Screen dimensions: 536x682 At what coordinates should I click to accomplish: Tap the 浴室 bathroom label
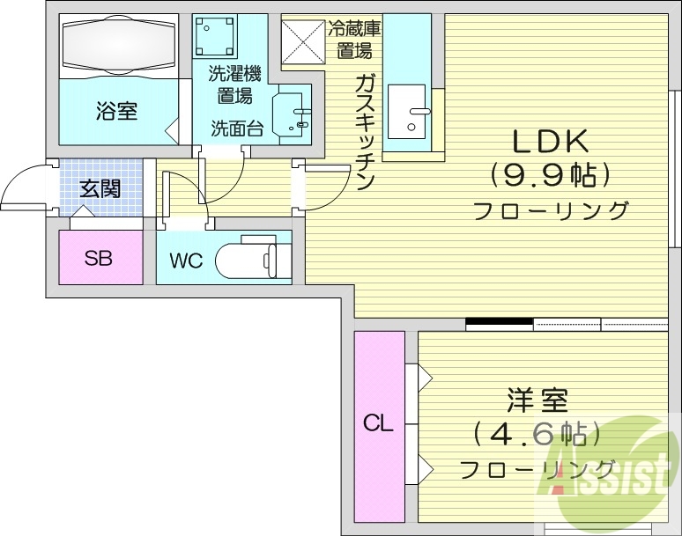(116, 112)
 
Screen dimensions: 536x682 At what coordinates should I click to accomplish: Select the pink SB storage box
(100, 258)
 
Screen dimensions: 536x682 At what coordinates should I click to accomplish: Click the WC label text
(186, 261)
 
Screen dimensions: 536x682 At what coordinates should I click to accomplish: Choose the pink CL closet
(379, 423)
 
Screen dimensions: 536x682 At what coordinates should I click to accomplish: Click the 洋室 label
(537, 400)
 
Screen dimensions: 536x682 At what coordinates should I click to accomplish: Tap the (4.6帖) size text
(537, 434)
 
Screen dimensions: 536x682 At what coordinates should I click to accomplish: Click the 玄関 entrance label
(100, 188)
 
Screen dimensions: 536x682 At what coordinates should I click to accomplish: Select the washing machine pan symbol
(215, 36)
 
